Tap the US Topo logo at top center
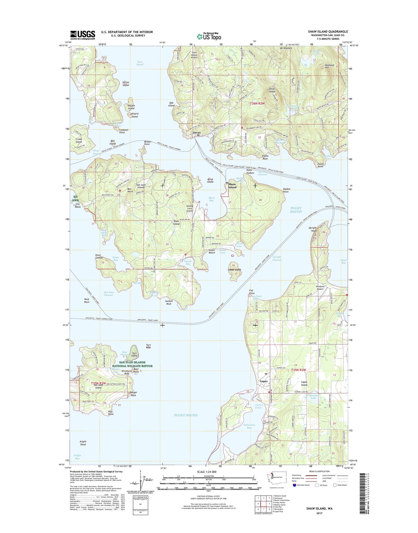209,36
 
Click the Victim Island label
126,84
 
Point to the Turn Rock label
148,346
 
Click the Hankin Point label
286,190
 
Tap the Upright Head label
312,229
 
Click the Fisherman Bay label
249,426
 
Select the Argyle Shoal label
83,443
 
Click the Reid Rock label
86,300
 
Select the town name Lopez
263,381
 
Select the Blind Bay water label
211,199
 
